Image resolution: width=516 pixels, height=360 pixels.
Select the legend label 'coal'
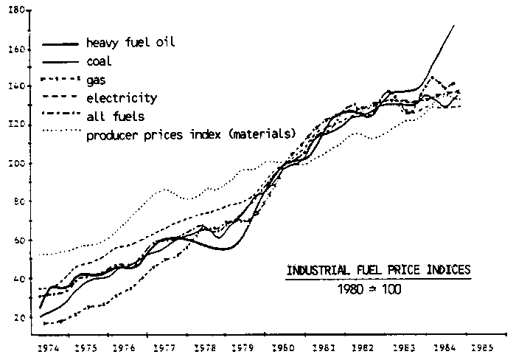pos(100,62)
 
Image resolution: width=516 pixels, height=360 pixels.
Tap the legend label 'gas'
pos(95,81)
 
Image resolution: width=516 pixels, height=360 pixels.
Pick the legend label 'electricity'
pos(122,97)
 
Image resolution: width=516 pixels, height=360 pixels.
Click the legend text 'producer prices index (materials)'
pos(191,134)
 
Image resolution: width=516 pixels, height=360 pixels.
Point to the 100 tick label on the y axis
pos(20,163)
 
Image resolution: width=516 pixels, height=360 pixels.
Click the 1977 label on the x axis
pos(164,345)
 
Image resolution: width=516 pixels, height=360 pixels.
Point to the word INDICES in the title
pos(447,271)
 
